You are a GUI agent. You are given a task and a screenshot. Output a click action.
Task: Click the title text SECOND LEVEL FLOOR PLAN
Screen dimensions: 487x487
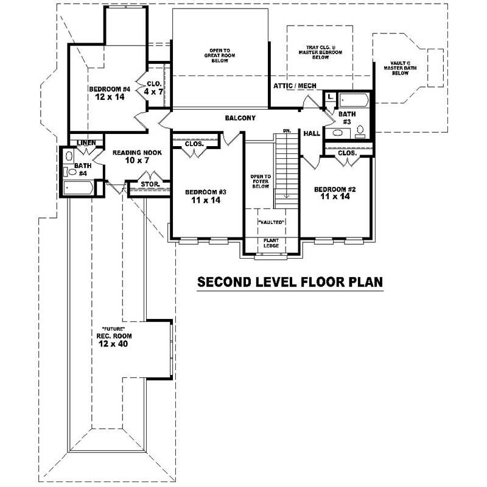point(289,282)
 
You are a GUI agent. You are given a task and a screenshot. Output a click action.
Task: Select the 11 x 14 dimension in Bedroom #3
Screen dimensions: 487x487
point(206,200)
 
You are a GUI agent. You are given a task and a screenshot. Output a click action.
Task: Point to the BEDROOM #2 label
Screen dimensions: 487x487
point(335,189)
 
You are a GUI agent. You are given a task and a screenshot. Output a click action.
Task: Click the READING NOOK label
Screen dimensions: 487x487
point(137,153)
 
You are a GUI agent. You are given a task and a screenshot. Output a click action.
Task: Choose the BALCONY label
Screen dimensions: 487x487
point(240,118)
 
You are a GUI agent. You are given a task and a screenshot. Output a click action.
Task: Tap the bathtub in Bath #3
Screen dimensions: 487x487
point(353,99)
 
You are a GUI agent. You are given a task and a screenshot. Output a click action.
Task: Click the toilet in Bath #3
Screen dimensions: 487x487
point(360,130)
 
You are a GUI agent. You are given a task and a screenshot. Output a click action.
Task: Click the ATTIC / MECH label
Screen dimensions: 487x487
point(295,86)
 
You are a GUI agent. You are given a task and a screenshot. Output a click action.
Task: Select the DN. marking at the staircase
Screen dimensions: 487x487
point(286,131)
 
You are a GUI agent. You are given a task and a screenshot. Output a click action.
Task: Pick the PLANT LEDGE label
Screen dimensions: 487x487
point(271,242)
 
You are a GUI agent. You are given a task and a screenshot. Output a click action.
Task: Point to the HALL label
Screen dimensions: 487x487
point(312,133)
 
